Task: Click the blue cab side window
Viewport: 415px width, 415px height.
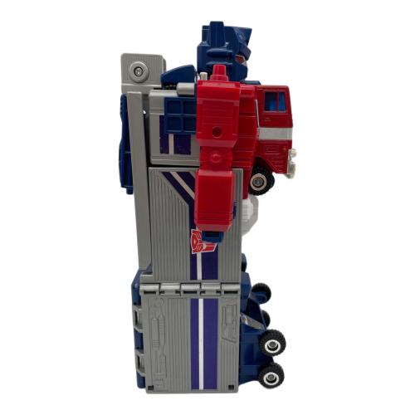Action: point(275,104)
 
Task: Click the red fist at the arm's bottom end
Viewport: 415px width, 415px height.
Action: point(219,212)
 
